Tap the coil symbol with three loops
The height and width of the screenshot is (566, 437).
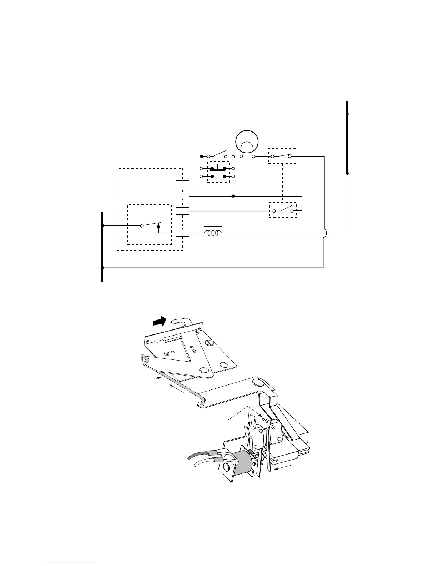coord(213,233)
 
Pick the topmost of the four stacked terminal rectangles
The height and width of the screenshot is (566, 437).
coord(182,184)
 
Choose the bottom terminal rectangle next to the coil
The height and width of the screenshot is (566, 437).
coord(182,233)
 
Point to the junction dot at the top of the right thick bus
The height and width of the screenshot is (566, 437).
coord(347,114)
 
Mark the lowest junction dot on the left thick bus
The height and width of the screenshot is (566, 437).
coord(102,267)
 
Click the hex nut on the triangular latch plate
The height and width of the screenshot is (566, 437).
coord(166,354)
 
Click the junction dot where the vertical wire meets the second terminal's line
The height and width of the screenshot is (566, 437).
coord(233,196)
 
